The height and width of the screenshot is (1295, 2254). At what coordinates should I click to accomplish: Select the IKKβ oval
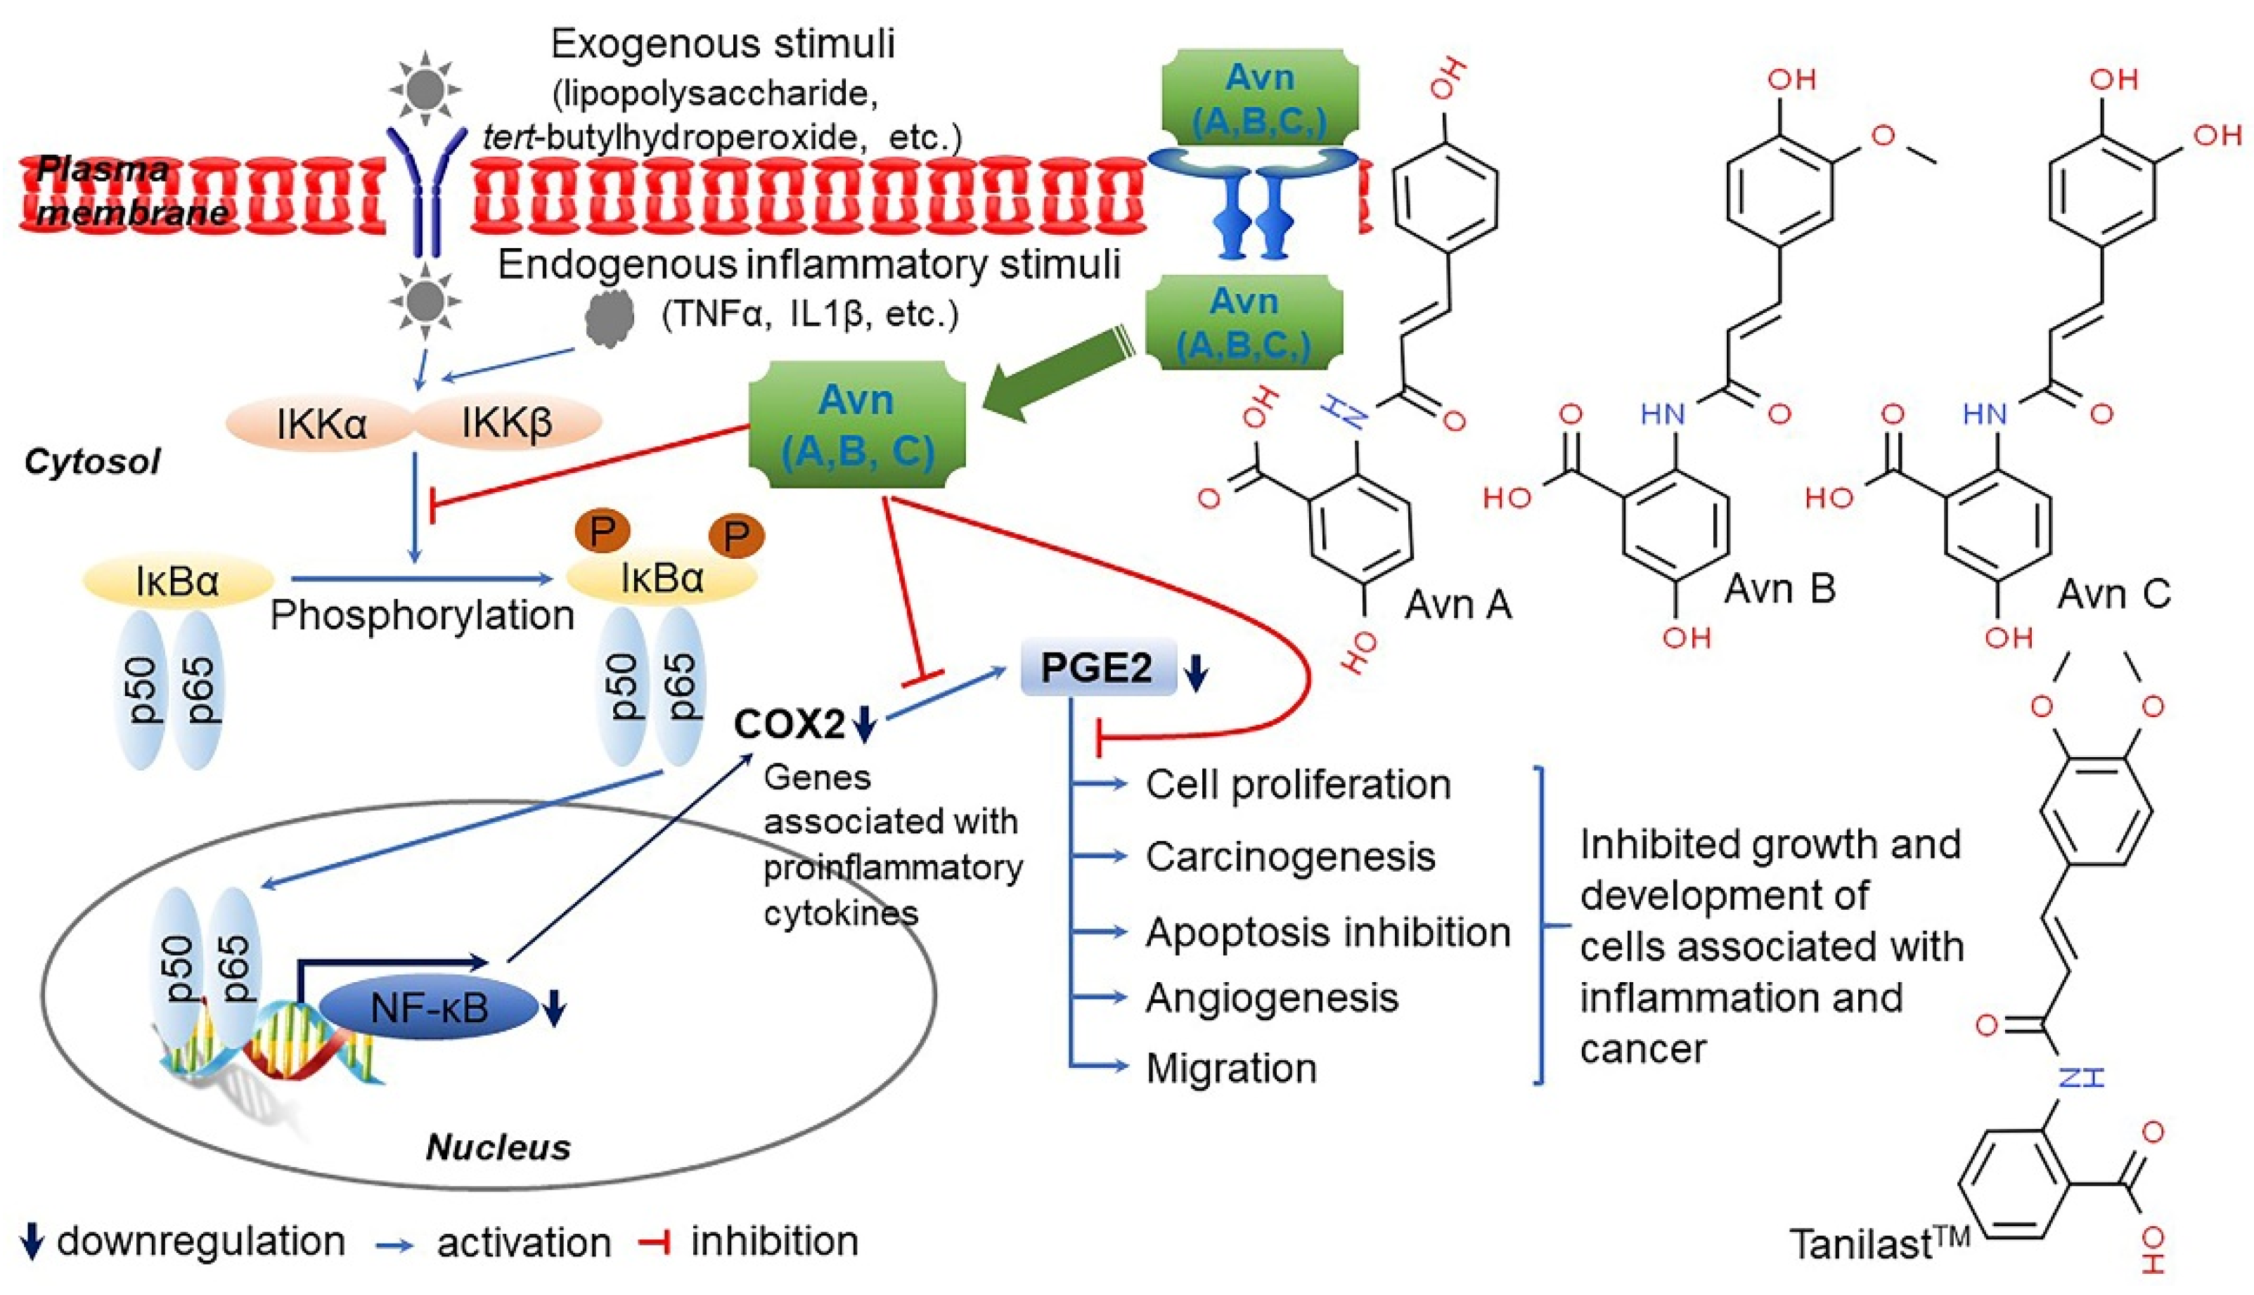tap(507, 423)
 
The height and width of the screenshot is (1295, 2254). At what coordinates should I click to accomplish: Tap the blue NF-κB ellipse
tap(430, 1007)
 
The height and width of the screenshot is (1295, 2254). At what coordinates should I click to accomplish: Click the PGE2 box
tap(1097, 667)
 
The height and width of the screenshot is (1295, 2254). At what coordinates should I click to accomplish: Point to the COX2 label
tap(789, 725)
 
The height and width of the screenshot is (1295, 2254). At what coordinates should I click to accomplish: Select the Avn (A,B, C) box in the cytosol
tap(857, 425)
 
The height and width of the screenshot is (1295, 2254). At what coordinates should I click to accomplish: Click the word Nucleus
tap(498, 1147)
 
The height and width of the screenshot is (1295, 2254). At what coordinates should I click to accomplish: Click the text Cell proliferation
tap(1298, 785)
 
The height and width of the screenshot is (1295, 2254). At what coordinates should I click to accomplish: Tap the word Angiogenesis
tap(1272, 998)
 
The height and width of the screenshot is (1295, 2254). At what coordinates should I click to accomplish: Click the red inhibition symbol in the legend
tap(655, 1242)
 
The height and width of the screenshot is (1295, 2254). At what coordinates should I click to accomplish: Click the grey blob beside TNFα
tap(610, 318)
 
